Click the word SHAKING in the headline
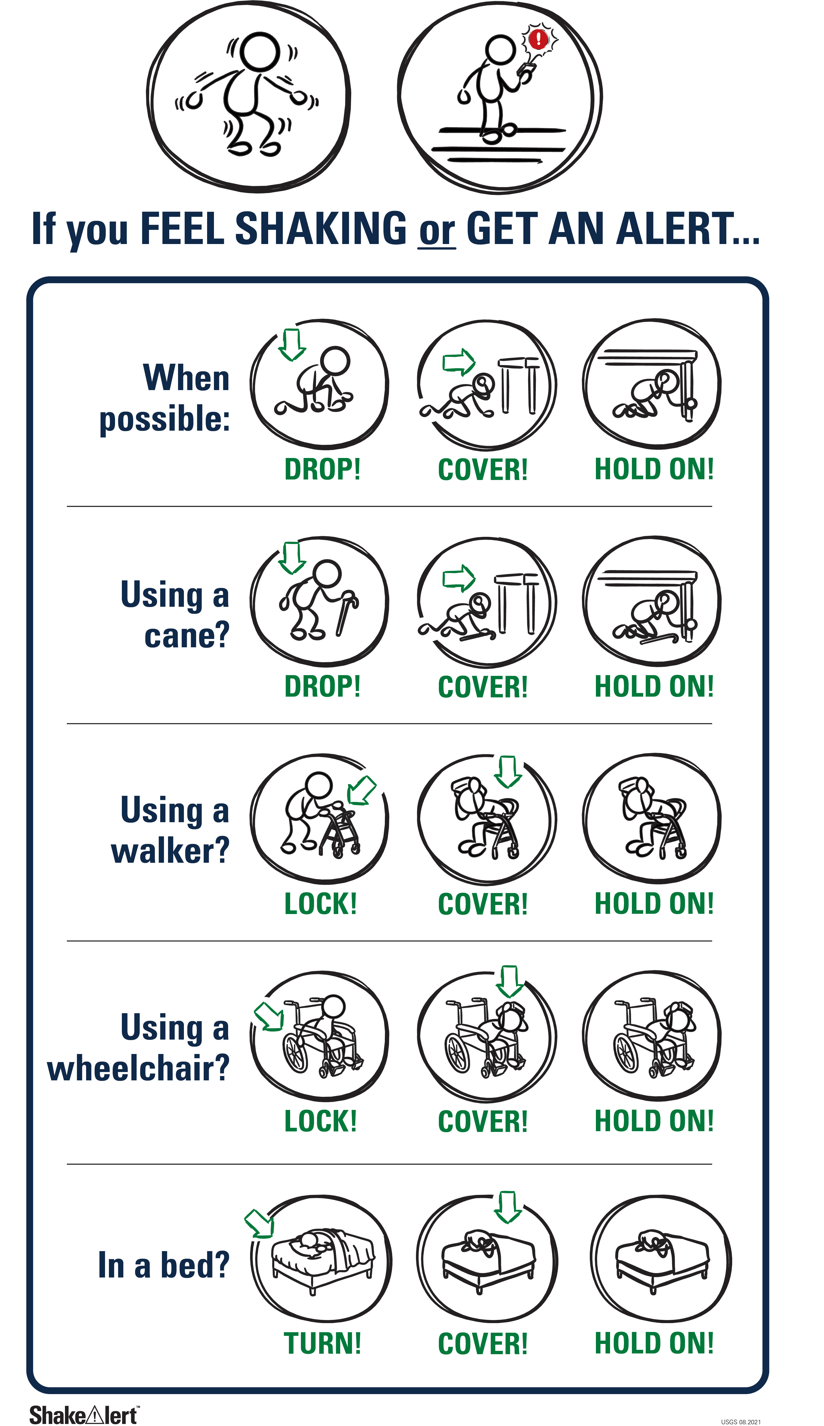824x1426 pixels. (x=321, y=229)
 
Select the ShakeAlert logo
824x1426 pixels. (x=84, y=1415)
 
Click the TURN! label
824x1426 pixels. (x=323, y=1343)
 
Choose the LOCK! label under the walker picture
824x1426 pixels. (x=321, y=904)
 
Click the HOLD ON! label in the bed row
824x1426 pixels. (x=654, y=1343)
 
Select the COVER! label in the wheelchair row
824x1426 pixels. (x=483, y=1122)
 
